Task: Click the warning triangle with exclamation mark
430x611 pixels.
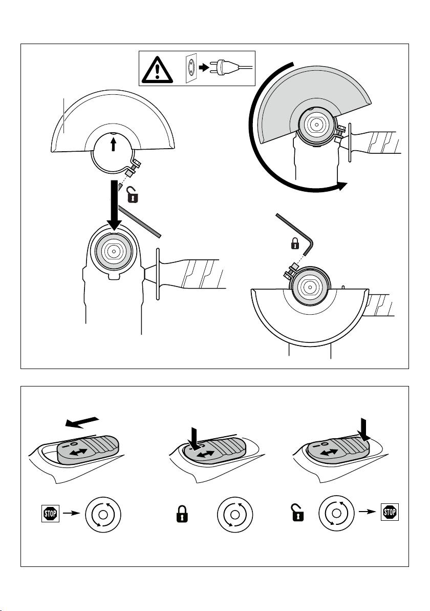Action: [x=157, y=70]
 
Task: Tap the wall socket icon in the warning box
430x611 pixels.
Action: [x=191, y=68]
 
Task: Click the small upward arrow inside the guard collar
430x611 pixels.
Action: [x=113, y=146]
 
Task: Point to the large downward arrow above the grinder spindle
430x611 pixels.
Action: [x=114, y=205]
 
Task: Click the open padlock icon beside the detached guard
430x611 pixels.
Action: [x=133, y=194]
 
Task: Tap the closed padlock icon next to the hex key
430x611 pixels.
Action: [x=295, y=244]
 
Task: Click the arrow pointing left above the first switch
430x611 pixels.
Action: [x=82, y=421]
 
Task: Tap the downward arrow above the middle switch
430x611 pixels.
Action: [x=193, y=436]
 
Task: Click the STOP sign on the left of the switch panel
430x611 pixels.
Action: [x=50, y=514]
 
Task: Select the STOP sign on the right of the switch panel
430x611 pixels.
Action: [x=390, y=512]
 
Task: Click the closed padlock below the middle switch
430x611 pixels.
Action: [x=182, y=514]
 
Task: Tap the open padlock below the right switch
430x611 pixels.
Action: [x=298, y=513]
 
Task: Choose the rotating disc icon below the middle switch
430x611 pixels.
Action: [x=234, y=515]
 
